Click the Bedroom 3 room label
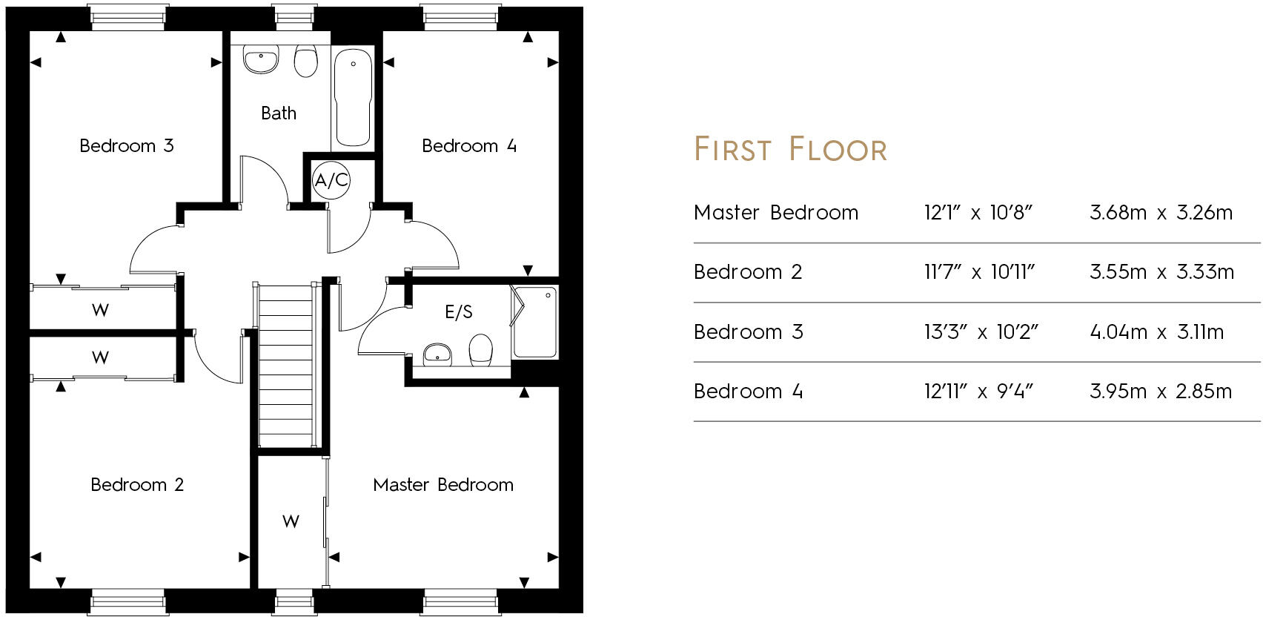point(127,145)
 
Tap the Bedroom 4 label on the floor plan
point(468,145)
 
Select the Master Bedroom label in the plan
point(443,484)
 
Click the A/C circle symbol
point(331,179)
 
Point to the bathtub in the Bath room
point(353,96)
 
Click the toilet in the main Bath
point(305,62)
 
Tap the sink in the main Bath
point(261,60)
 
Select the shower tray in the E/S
point(535,323)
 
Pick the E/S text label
point(458,312)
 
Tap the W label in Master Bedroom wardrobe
point(291,521)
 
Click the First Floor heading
point(790,149)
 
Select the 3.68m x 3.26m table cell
point(1161,213)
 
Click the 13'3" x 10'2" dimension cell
point(980,331)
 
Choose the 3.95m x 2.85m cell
point(1160,391)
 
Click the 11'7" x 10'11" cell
point(978,272)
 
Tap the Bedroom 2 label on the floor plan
point(137,484)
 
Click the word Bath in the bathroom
point(279,113)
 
